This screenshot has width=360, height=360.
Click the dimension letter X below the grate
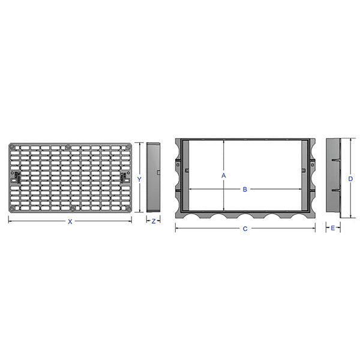(x=70, y=221)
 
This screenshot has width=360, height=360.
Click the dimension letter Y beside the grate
(x=139, y=179)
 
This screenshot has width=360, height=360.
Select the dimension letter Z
(x=154, y=221)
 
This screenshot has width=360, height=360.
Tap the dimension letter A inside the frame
(x=223, y=176)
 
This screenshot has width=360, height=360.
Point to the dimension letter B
(x=245, y=190)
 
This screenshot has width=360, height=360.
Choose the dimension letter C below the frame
(x=245, y=229)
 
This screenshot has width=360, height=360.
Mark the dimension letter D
(x=349, y=178)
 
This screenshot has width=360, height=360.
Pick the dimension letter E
(x=333, y=229)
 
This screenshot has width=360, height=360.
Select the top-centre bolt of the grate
(x=69, y=146)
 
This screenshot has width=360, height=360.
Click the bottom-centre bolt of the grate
(x=72, y=209)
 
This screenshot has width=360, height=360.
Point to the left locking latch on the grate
(x=17, y=176)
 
